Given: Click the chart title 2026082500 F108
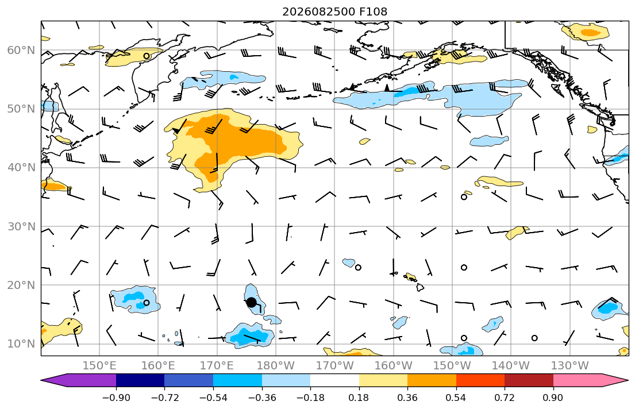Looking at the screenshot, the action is pyautogui.click(x=334, y=11).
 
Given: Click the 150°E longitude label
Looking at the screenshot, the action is pyautogui.click(x=99, y=366).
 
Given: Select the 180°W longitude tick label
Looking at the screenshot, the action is pyautogui.click(x=276, y=366).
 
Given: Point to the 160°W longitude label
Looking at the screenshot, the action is pyautogui.click(x=394, y=366).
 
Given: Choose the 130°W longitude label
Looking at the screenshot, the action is pyautogui.click(x=570, y=366).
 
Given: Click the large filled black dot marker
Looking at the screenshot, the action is pyautogui.click(x=251, y=302).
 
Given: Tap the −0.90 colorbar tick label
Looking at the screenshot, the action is pyautogui.click(x=116, y=398).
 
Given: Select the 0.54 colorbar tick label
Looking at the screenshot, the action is pyautogui.click(x=456, y=398).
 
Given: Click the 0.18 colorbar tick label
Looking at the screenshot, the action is pyautogui.click(x=359, y=398).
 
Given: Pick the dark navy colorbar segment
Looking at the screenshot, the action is pyautogui.click(x=140, y=380).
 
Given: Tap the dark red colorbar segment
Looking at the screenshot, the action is pyautogui.click(x=529, y=380).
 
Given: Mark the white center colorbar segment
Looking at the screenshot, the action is pyautogui.click(x=334, y=380).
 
